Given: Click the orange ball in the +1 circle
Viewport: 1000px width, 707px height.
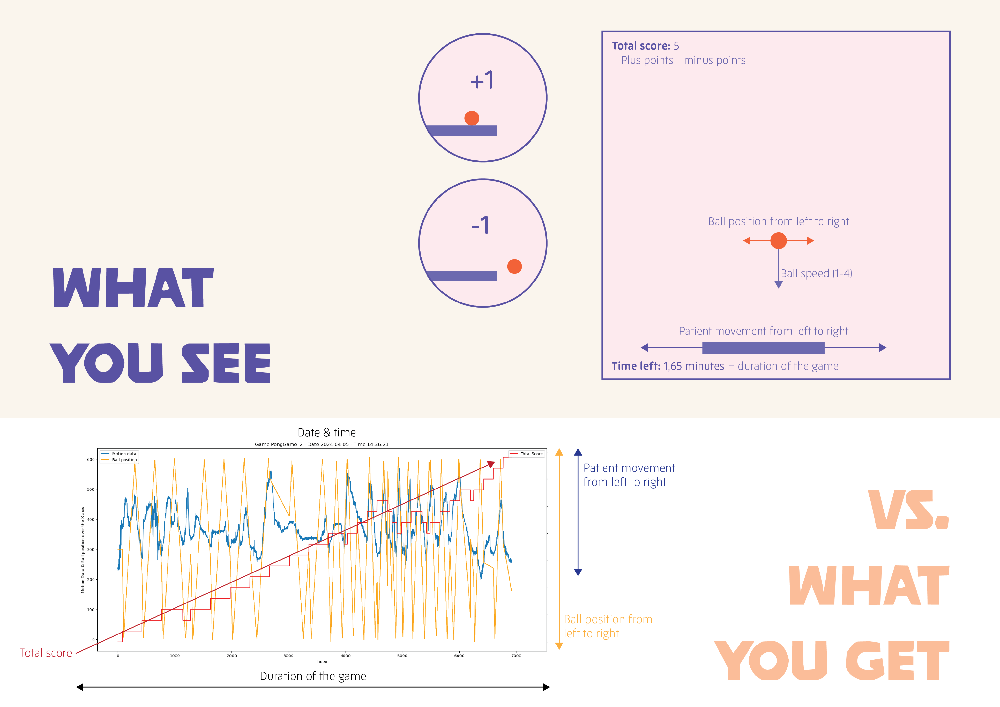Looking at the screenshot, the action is pyautogui.click(x=472, y=118).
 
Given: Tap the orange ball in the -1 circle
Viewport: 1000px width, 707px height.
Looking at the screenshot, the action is pyautogui.click(x=514, y=266).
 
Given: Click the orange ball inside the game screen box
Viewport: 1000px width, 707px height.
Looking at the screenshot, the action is pyautogui.click(x=778, y=240).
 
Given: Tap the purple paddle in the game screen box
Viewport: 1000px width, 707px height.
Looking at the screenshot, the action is pyautogui.click(x=763, y=347).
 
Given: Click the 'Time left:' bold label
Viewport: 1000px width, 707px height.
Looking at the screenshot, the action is pyautogui.click(x=636, y=366).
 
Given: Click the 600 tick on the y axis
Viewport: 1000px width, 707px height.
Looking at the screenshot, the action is pyautogui.click(x=91, y=459).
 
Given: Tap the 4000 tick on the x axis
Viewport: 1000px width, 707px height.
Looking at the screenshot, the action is pyautogui.click(x=345, y=655).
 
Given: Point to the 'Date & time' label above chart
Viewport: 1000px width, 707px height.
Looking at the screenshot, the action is pyautogui.click(x=327, y=432).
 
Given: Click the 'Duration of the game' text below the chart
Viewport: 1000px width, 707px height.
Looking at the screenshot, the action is pyautogui.click(x=313, y=676).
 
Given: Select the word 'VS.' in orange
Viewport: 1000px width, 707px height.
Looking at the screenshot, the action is pyautogui.click(x=908, y=510).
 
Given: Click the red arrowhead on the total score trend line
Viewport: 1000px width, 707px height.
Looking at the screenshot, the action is pyautogui.click(x=491, y=464).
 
